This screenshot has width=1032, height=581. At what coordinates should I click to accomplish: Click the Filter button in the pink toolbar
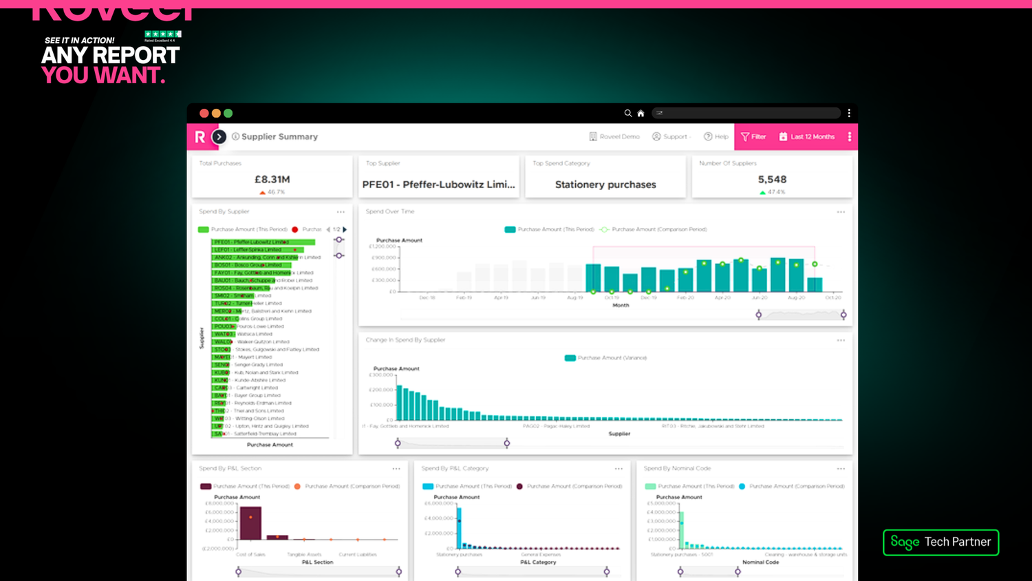point(753,137)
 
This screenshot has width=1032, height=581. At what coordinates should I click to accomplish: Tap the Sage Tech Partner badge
point(940,542)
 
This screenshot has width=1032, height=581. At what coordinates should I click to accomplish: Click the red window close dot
point(204,113)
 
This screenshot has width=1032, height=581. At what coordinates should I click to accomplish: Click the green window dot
point(228,113)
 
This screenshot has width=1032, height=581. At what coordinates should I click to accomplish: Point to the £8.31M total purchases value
point(272,180)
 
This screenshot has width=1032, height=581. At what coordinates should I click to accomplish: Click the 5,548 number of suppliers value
point(772,180)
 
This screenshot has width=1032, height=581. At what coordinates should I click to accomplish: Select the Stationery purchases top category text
point(605,184)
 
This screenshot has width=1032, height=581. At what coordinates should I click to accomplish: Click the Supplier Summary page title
point(279,137)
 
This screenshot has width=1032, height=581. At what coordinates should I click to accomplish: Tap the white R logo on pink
point(200,137)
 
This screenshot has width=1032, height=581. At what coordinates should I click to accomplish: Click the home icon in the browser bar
point(641,114)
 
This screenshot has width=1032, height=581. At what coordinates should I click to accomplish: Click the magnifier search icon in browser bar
point(628,113)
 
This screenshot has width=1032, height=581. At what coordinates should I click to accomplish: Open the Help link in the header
point(716,137)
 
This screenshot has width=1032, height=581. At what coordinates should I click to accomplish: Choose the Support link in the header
point(671,137)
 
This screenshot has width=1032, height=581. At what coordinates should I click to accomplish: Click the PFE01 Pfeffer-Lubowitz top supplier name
point(438,184)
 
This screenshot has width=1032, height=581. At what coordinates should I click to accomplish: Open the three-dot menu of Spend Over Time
point(841,212)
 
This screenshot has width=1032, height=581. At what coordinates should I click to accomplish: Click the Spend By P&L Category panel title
point(455,469)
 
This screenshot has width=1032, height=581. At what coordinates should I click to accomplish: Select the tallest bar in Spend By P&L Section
point(250,524)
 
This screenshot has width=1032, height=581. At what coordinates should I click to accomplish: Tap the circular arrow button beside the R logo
point(219,137)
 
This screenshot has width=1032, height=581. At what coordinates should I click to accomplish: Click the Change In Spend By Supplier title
point(405,340)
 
